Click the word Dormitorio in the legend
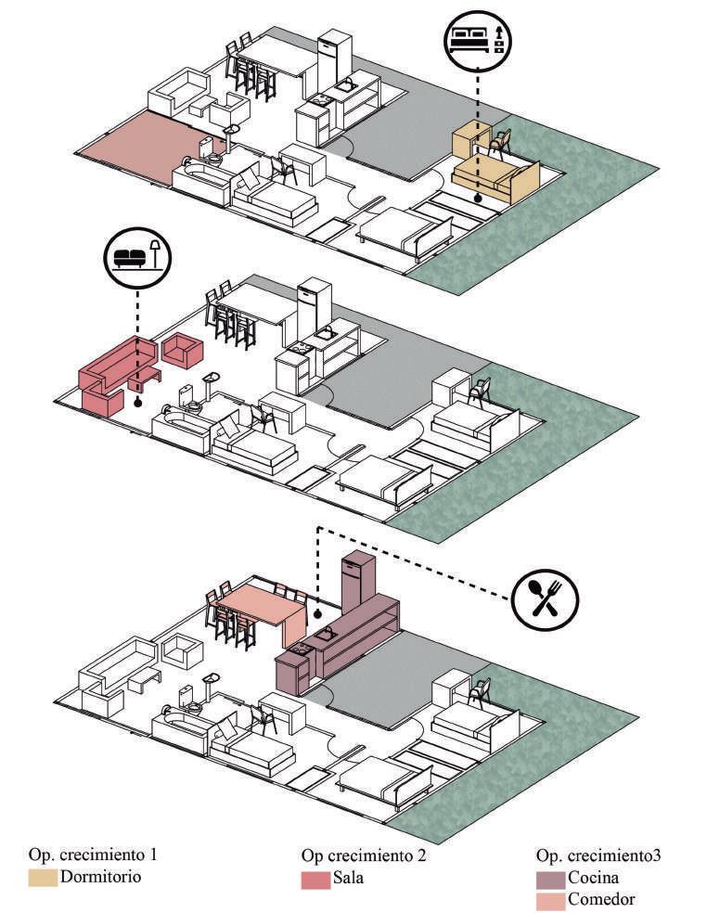click(x=100, y=876)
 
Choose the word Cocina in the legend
click(x=594, y=877)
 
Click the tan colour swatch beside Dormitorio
click(x=43, y=877)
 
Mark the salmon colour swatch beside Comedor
click(x=549, y=899)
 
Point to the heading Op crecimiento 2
click(x=364, y=855)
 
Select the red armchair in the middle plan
click(x=182, y=351)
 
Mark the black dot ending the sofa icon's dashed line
click(x=137, y=403)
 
